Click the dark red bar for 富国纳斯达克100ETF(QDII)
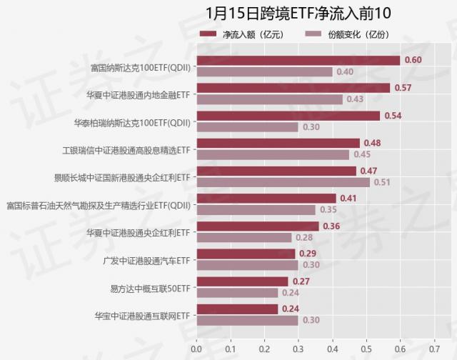(298, 60)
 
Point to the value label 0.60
(413, 60)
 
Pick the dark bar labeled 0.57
(293, 88)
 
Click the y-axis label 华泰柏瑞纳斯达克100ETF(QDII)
(132, 122)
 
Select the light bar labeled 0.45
(273, 155)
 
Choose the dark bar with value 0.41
(266, 199)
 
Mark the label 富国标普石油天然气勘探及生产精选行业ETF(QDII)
(99, 205)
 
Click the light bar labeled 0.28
(243, 238)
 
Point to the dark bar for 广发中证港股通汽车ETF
(246, 254)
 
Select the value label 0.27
(301, 281)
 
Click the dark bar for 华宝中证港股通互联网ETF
(237, 309)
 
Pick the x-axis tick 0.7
(434, 350)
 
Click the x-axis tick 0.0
(196, 350)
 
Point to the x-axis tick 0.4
(332, 350)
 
